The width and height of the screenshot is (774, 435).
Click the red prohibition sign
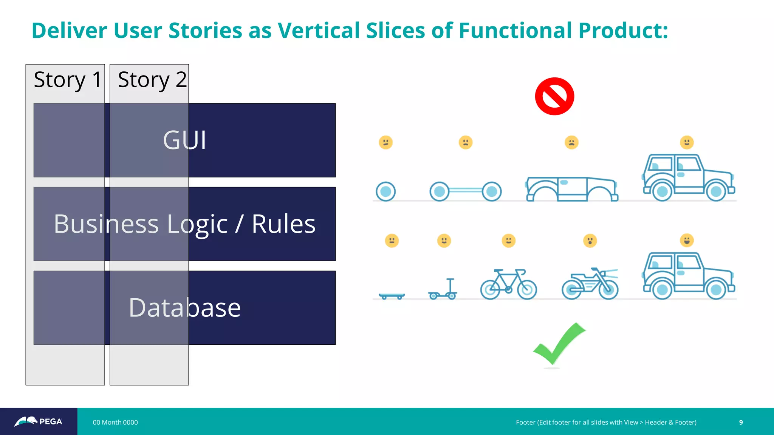(x=554, y=96)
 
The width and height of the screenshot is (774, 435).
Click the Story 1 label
(x=68, y=80)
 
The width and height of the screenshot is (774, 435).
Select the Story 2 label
(x=152, y=80)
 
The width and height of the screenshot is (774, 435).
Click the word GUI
(x=184, y=140)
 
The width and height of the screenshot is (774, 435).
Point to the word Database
(x=184, y=307)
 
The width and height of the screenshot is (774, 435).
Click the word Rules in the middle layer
(x=283, y=224)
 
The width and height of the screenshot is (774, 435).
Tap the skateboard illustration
(x=392, y=296)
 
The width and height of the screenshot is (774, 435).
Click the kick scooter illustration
(x=443, y=290)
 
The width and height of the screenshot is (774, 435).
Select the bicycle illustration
(x=508, y=284)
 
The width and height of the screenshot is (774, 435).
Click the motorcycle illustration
(x=590, y=284)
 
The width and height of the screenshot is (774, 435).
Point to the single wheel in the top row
(x=385, y=191)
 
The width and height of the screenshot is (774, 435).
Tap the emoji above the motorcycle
(x=590, y=241)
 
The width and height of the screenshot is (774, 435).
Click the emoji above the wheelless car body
(x=571, y=142)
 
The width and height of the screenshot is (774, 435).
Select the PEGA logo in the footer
(x=39, y=421)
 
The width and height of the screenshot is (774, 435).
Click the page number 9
(x=741, y=422)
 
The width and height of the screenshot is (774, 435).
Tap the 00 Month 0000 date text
(x=115, y=422)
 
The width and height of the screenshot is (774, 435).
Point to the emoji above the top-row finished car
(x=687, y=142)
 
